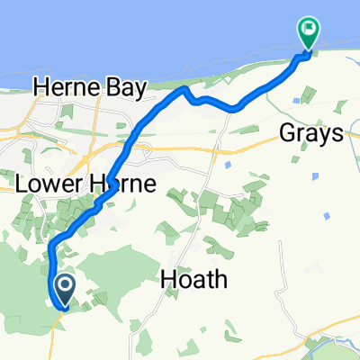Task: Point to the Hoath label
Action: click(x=189, y=281)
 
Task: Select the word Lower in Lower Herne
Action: click(x=51, y=184)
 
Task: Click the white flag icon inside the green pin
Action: click(x=308, y=29)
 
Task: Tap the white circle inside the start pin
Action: click(x=66, y=286)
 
